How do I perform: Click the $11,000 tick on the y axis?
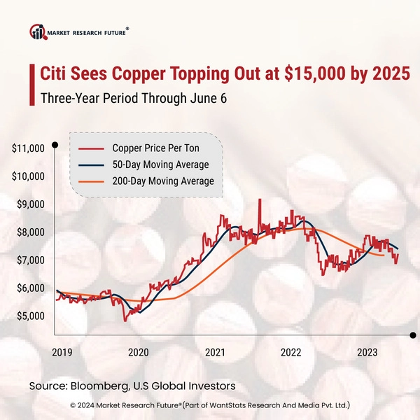click(x=29, y=148)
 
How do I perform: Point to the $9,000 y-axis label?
click(x=29, y=204)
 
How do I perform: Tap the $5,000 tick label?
click(x=29, y=316)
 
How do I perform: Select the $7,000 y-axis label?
click(x=29, y=260)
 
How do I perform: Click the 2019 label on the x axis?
click(x=61, y=352)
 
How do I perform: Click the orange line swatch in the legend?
click(x=90, y=182)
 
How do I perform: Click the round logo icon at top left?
click(x=37, y=32)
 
